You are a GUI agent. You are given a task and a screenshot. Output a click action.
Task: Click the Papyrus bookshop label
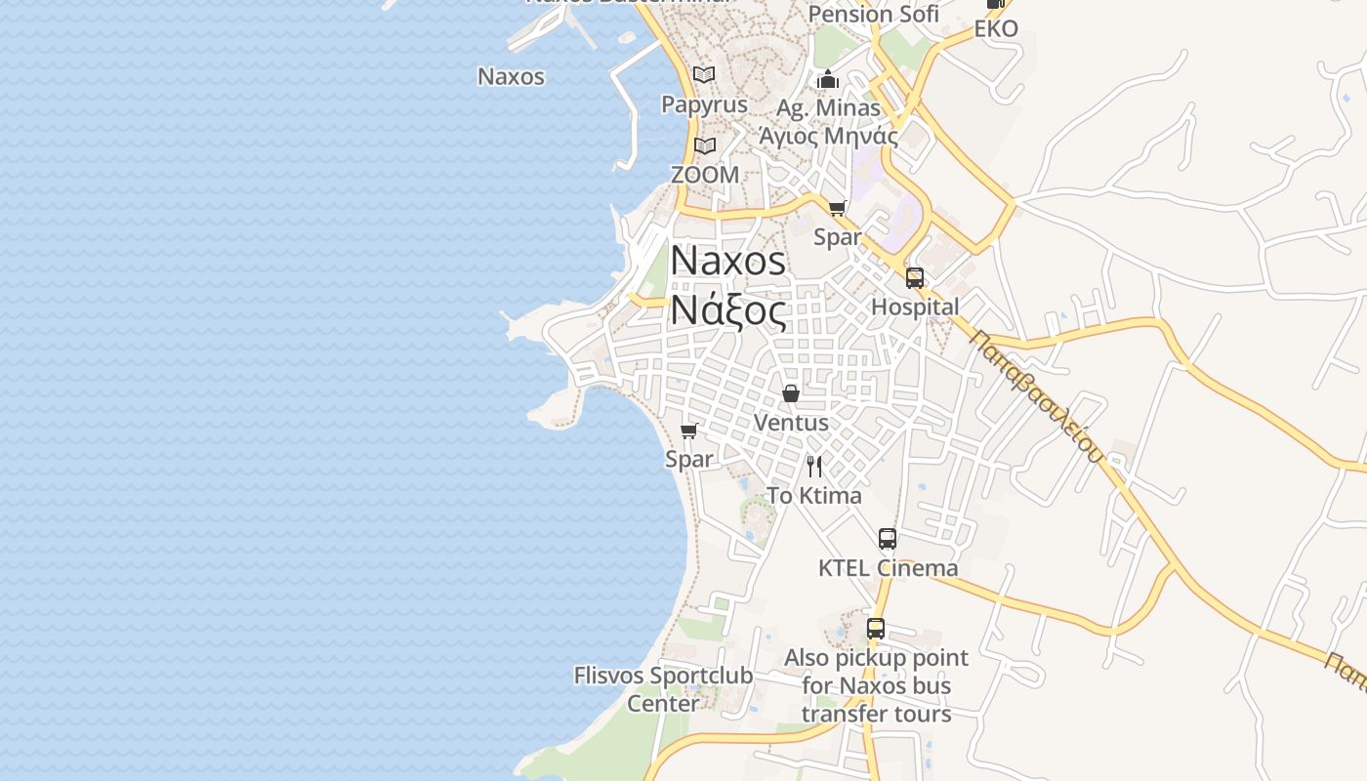[704, 104]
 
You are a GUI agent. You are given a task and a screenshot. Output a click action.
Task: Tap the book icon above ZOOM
[705, 146]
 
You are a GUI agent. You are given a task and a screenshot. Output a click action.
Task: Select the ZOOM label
[705, 175]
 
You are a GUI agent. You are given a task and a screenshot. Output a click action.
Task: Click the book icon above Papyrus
[704, 74]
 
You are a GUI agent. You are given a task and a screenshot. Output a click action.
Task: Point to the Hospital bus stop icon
[915, 278]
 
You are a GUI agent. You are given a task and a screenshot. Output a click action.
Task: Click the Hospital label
[915, 307]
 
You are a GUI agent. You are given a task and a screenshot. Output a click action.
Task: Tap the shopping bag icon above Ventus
[791, 393]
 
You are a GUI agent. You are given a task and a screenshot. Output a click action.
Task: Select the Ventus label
[791, 423]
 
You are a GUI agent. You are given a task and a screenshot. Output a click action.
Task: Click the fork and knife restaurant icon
[814, 467]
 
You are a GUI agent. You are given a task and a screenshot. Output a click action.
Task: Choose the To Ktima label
[814, 496]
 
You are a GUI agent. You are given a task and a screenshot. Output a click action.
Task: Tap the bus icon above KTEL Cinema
[888, 539]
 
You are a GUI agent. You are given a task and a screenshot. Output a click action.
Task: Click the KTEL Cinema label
[888, 568]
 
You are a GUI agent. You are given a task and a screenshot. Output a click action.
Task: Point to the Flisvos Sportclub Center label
[663, 689]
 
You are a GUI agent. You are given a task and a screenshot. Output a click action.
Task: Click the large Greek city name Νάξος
[727, 311]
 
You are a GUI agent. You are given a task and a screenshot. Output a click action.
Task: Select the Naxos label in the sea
[511, 76]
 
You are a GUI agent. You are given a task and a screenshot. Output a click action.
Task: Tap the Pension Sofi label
[873, 14]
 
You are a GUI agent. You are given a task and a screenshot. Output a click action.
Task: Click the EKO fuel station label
[996, 28]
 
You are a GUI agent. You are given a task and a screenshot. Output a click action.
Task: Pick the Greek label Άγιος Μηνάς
[828, 136]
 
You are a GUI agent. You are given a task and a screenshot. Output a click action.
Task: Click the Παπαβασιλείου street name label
[1037, 395]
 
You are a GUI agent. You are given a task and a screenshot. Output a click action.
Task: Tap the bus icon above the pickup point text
[876, 629]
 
